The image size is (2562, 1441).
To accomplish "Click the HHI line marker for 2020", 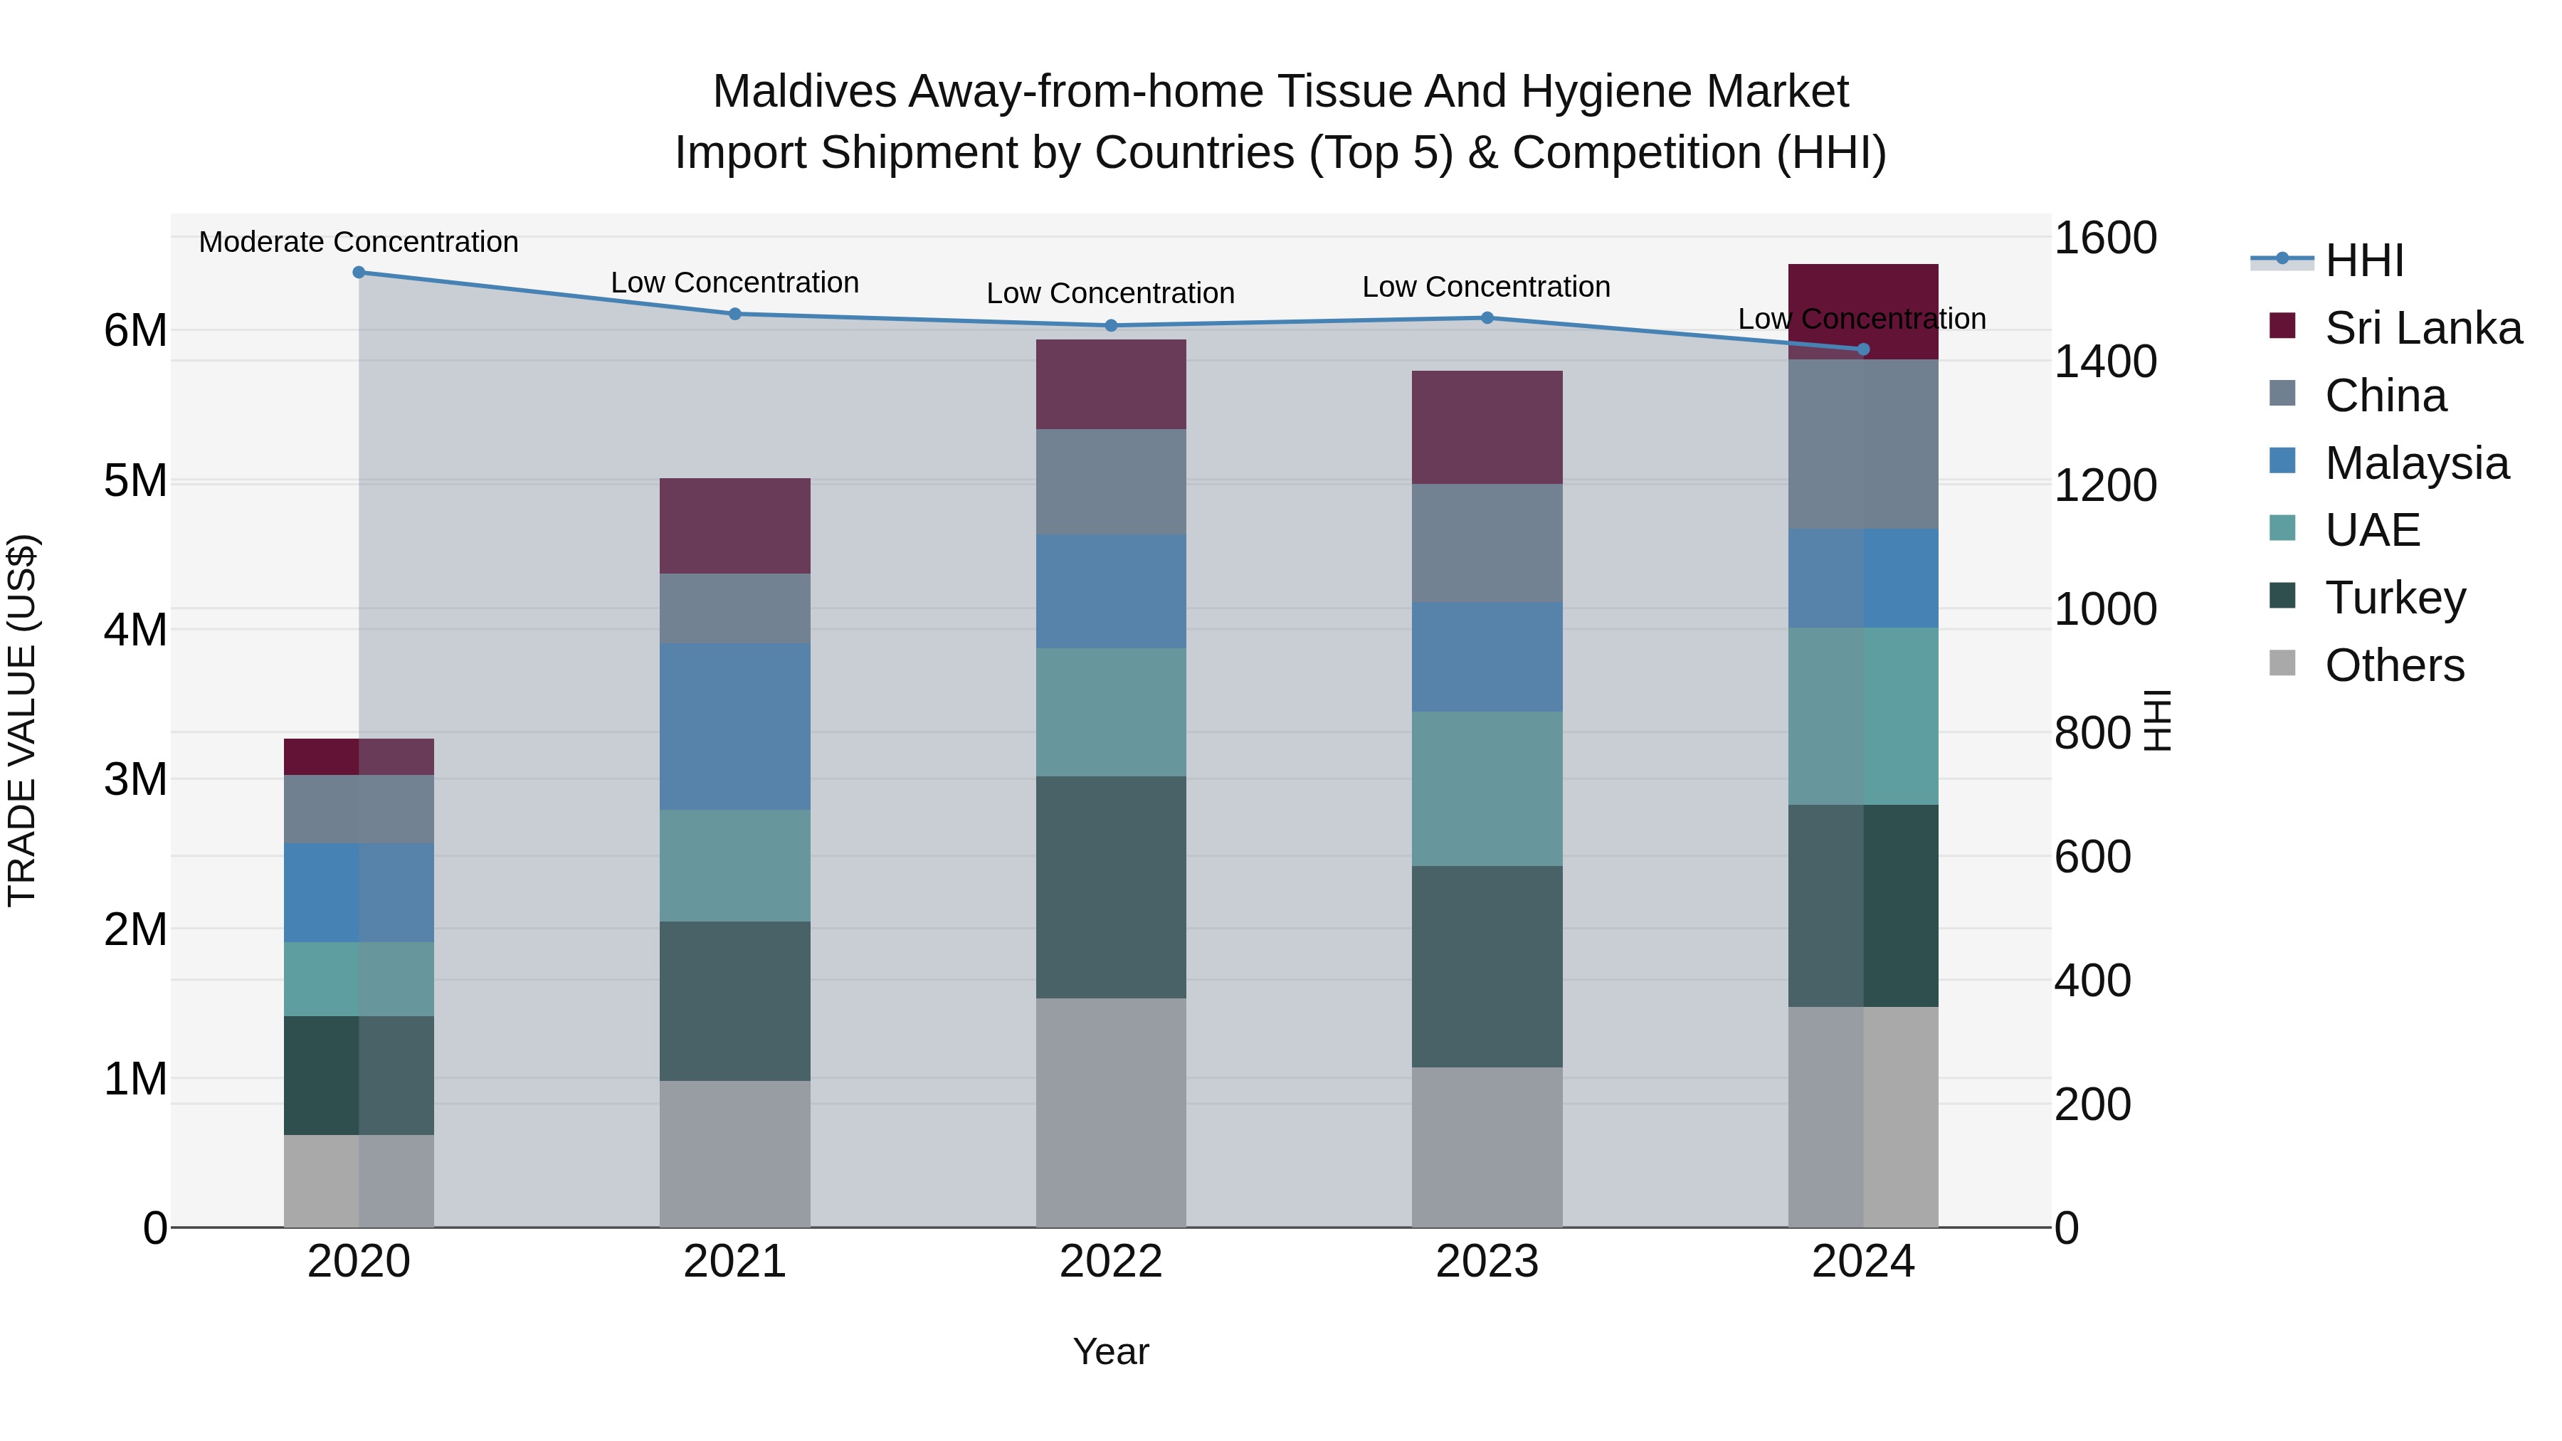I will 359,273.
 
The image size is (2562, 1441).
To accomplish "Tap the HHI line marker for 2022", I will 1111,325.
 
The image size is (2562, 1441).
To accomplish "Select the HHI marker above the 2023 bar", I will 1487,318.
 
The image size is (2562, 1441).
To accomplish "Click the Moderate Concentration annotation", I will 359,242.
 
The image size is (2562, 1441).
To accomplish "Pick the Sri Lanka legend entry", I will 2422,328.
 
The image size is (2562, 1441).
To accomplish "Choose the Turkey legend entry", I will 2394,598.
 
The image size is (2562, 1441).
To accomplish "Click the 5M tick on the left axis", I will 135,480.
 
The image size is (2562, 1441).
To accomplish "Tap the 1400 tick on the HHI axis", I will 2104,362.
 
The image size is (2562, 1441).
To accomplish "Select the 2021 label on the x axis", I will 735,1262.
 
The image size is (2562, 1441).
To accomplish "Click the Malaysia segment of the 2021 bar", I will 735,726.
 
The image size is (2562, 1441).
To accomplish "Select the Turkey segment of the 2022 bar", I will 1111,887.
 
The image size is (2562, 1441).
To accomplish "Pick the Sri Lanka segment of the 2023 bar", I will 1487,428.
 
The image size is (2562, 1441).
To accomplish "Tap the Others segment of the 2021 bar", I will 735,1154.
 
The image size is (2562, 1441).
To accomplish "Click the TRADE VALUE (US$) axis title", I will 22,720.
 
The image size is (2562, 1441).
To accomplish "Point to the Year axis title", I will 1111,1351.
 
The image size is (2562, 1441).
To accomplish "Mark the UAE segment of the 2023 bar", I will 1487,788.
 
